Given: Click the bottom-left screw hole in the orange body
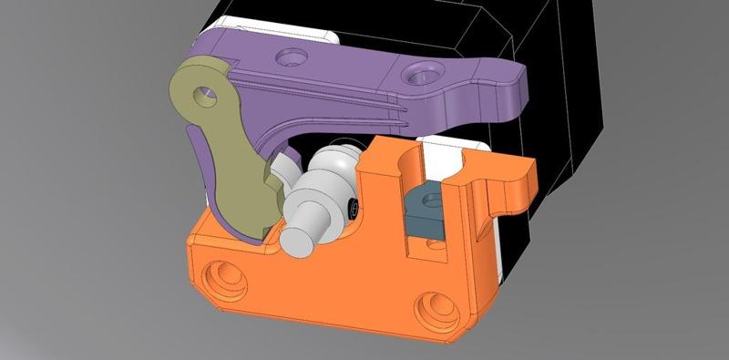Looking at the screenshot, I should point(223,274).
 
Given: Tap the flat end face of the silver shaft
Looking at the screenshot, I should point(297,240).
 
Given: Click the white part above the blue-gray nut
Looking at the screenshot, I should point(447,155).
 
